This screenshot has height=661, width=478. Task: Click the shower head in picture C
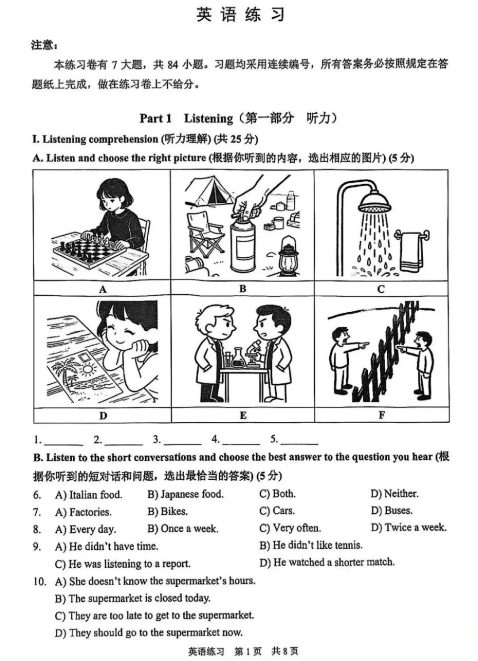pos(375,202)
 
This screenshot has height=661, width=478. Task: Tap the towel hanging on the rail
pos(411,252)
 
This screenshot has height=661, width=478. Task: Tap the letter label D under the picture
pos(103,416)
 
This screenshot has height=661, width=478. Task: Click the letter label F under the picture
pos(382,415)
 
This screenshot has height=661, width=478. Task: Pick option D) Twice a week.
pos(409,528)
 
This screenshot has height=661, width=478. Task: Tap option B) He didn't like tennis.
pos(311,545)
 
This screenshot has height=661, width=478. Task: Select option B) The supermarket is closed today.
pos(132,598)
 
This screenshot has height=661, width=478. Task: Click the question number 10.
pos(39,581)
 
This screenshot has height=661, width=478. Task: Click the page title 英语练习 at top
pos(240,15)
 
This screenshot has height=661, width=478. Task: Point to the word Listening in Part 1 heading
pos(208,118)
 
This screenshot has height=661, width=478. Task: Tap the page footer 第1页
pos(247,651)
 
